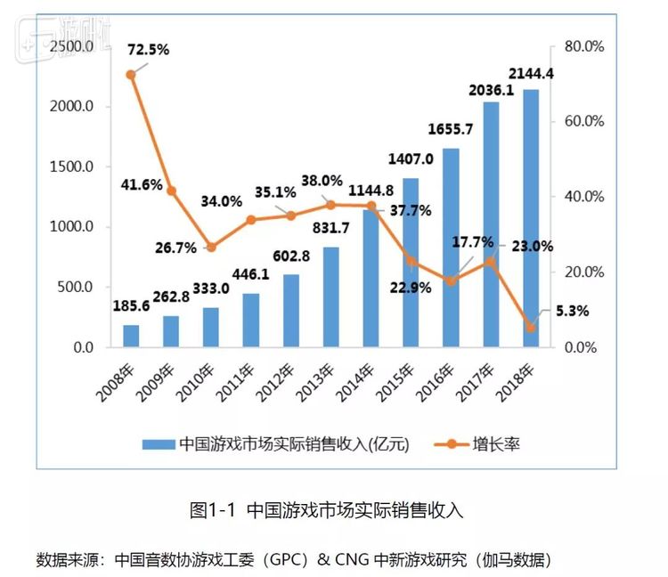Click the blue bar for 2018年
[x=531, y=218]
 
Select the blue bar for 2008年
[x=131, y=336]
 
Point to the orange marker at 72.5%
[x=131, y=75]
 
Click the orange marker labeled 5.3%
[x=531, y=327]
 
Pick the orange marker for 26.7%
[x=211, y=247]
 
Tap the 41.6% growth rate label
[x=141, y=185]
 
